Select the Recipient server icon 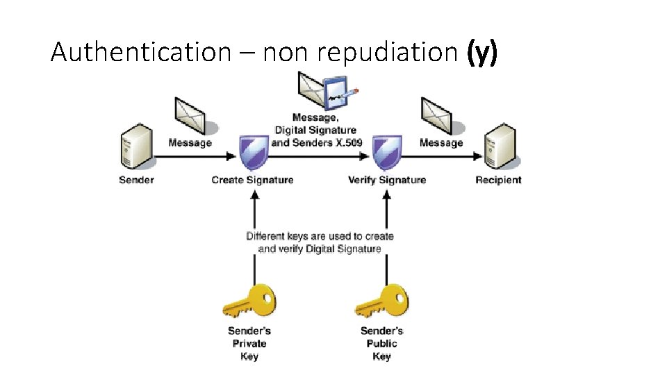500,147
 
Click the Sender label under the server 136,180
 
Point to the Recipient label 498,180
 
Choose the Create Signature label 252,180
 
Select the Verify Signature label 387,180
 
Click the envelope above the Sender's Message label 189,115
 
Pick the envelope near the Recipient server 438,115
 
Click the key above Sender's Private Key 249,301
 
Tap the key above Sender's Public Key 381,301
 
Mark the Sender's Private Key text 249,343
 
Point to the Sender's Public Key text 381,343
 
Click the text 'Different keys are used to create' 320,236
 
